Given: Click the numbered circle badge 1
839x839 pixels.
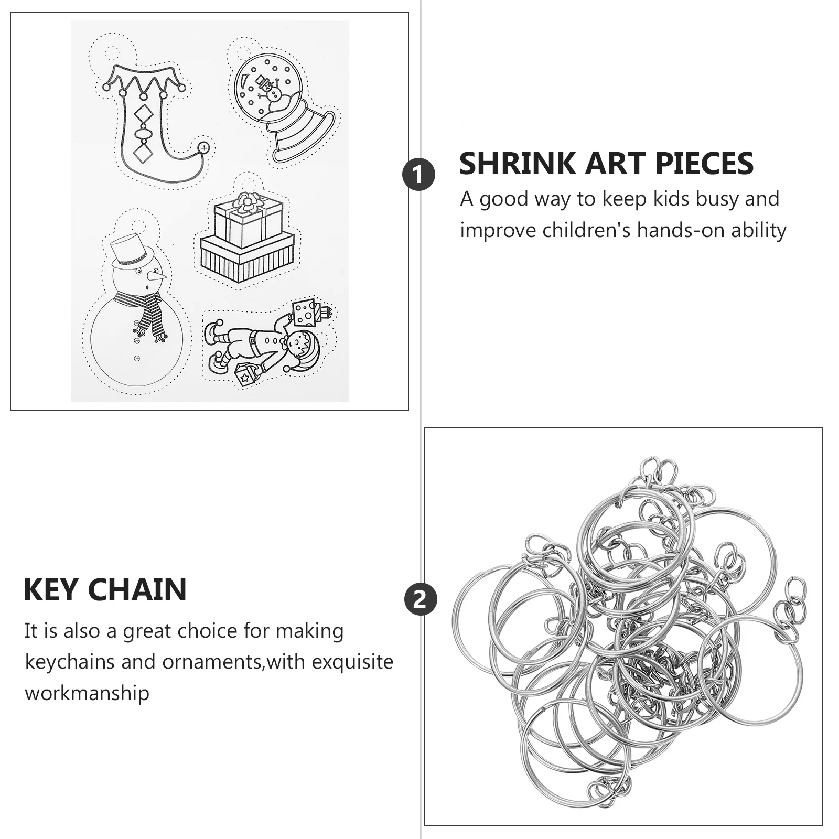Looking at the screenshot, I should point(418,175).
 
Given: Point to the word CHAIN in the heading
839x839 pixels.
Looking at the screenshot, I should point(137,589).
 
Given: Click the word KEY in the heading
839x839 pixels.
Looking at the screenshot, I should point(51,589).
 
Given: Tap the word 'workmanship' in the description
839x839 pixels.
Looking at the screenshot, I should point(87,693).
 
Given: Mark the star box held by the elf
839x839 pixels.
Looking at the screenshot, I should point(245,375).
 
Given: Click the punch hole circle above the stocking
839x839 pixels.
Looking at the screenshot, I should point(112,53).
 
